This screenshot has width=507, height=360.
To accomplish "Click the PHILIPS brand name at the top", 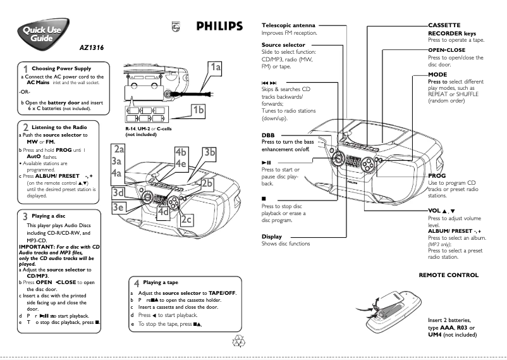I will point(211,26).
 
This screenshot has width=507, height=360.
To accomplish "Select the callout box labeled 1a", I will point(216,66).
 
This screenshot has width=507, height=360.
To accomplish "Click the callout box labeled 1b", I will point(199,109).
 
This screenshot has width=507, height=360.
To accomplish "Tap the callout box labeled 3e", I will point(118,207).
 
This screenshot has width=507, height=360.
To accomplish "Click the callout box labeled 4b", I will point(181,152).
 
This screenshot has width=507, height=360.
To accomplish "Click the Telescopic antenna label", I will point(290,25).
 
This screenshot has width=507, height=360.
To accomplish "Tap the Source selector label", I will point(283,45).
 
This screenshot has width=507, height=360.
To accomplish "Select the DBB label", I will point(268,135).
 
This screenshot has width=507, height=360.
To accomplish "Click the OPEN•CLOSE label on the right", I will point(447,49).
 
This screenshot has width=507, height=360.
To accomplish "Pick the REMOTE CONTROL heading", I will point(449,275).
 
